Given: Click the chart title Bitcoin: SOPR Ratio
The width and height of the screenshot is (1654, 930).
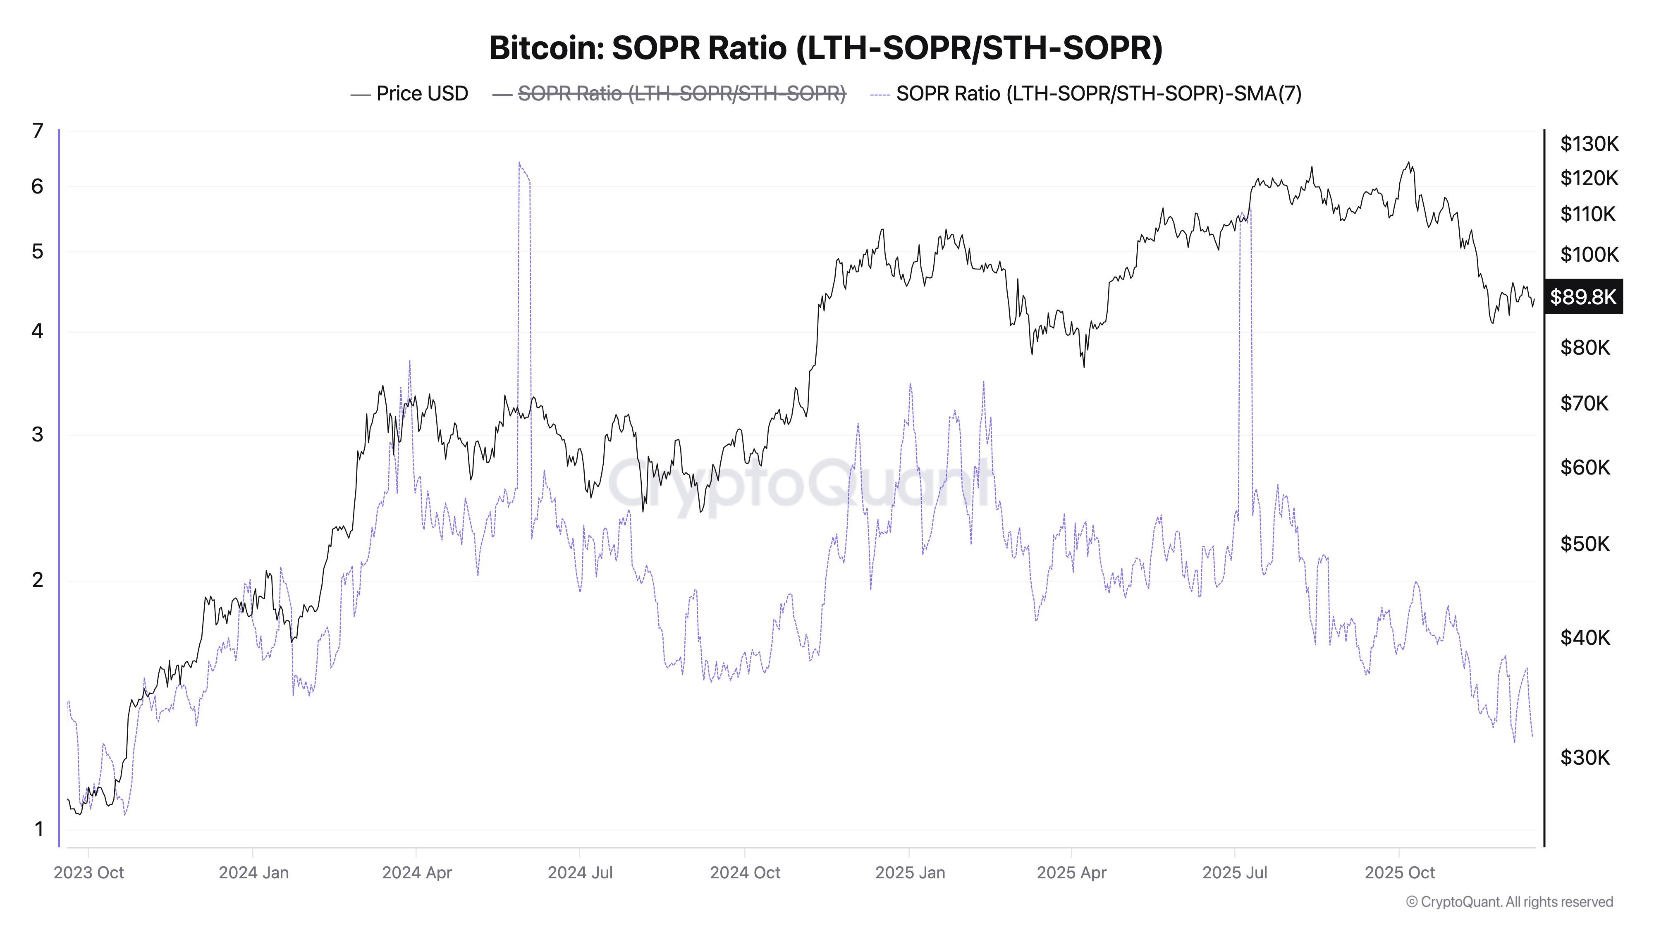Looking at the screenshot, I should pyautogui.click(x=826, y=48).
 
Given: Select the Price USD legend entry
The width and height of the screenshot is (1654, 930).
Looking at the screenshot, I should pyautogui.click(x=410, y=94).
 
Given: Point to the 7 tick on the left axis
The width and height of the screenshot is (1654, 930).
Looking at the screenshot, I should pyautogui.click(x=38, y=131).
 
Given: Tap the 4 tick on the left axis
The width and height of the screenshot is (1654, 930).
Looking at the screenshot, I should pyautogui.click(x=38, y=331).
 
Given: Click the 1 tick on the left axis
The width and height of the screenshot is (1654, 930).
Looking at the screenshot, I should pyautogui.click(x=38, y=829).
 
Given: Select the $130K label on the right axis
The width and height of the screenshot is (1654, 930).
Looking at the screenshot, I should pyautogui.click(x=1589, y=144).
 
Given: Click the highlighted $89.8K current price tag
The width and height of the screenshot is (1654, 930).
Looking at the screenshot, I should pyautogui.click(x=1583, y=296).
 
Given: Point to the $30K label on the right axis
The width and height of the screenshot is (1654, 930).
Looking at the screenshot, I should pyautogui.click(x=1585, y=757).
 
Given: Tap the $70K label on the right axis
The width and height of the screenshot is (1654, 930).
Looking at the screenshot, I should pyautogui.click(x=1584, y=403).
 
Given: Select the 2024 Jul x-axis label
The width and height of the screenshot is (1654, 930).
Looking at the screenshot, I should pyautogui.click(x=580, y=872).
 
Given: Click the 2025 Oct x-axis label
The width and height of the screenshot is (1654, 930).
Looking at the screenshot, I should pyautogui.click(x=1399, y=872).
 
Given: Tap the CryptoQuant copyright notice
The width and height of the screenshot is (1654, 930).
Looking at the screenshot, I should pyautogui.click(x=1509, y=902).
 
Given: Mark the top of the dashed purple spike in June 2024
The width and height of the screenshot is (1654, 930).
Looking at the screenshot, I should pyautogui.click(x=519, y=162).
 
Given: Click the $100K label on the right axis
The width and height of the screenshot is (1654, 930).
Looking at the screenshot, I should pyautogui.click(x=1589, y=255).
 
